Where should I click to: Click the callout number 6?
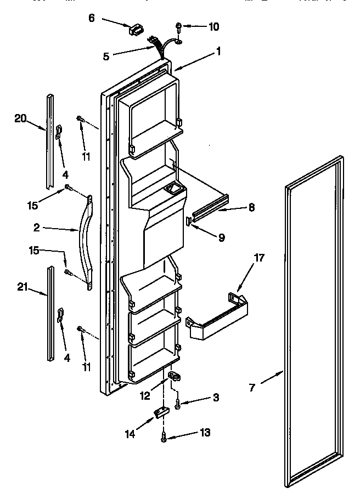[92, 18]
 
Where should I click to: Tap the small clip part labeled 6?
[135, 30]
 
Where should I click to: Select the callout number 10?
[213, 26]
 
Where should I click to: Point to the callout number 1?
[218, 52]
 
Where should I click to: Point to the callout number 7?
[252, 388]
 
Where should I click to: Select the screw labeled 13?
[164, 437]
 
